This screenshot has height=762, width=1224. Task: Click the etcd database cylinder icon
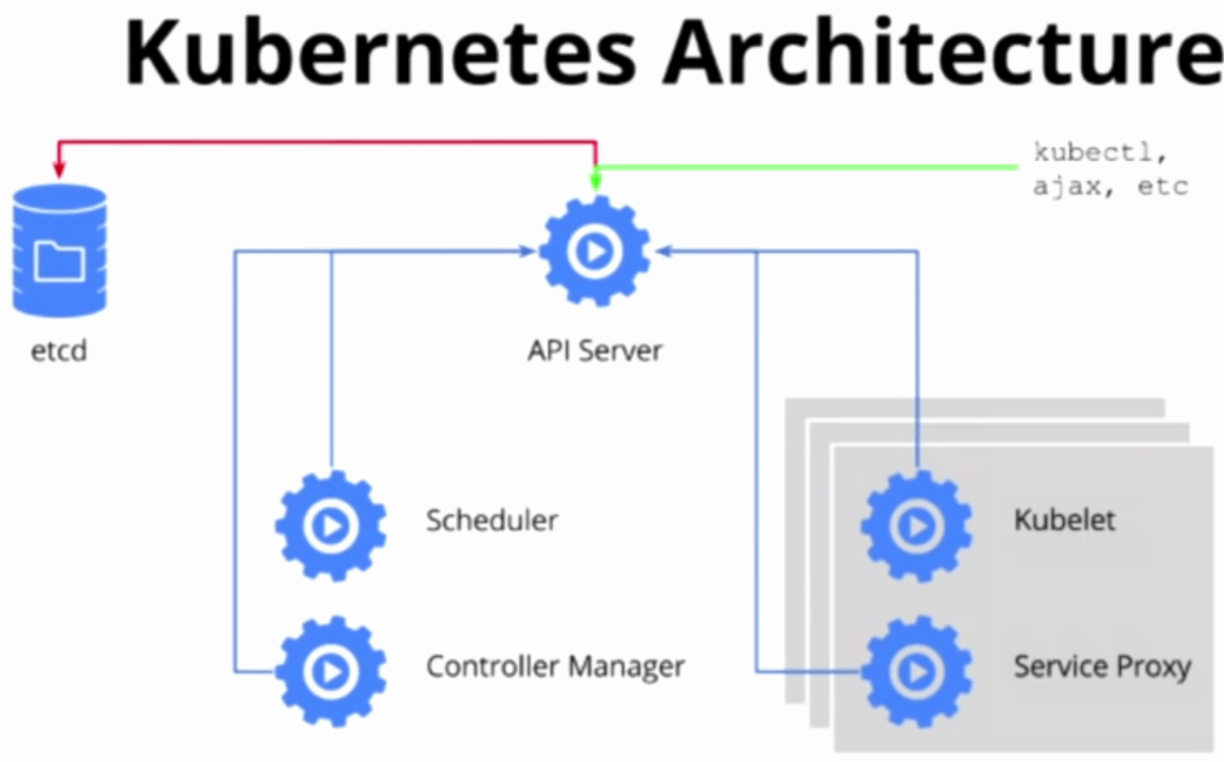pyautogui.click(x=60, y=251)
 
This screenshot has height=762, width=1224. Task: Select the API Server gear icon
pyautogui.click(x=594, y=251)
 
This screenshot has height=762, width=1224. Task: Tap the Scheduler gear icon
pyautogui.click(x=331, y=526)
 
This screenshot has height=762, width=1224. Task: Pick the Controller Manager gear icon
pyautogui.click(x=331, y=671)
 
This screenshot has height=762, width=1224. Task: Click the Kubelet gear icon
pyautogui.click(x=916, y=526)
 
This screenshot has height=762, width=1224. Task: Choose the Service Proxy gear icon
pyautogui.click(x=916, y=671)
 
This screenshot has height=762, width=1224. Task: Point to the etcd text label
pyautogui.click(x=59, y=350)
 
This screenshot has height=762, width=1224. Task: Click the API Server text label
pyautogui.click(x=594, y=350)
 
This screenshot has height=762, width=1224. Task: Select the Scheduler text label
pyautogui.click(x=491, y=520)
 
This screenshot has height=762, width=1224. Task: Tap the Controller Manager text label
pyautogui.click(x=555, y=667)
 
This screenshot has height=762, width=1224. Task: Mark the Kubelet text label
pyautogui.click(x=1064, y=520)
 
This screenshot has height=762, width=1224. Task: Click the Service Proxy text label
pyautogui.click(x=1102, y=667)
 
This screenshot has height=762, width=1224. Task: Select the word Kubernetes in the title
pyautogui.click(x=380, y=52)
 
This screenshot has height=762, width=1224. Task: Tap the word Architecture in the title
pyautogui.click(x=943, y=52)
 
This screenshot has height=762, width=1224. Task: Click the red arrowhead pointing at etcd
pyautogui.click(x=60, y=171)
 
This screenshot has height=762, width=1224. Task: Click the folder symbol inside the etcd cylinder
pyautogui.click(x=60, y=260)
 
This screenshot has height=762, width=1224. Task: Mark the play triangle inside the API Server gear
pyautogui.click(x=596, y=252)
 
